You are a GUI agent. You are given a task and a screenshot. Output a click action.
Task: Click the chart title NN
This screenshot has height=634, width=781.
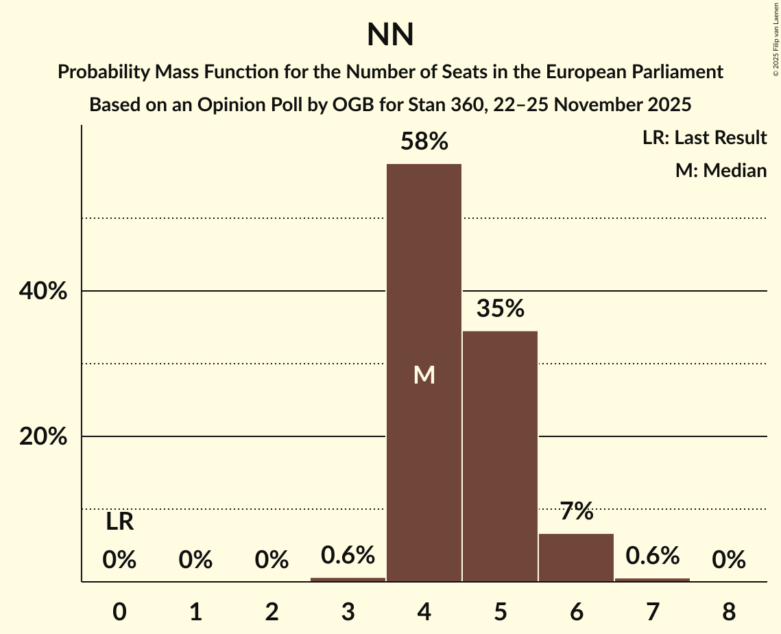coord(390,34)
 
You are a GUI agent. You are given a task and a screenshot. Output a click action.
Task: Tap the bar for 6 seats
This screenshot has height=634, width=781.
coord(576,557)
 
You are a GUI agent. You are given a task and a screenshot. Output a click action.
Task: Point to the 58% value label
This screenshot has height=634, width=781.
coord(424,142)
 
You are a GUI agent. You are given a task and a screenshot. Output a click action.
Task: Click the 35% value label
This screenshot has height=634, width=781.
coord(500,309)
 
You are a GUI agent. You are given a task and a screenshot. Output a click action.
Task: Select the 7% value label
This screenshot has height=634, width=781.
coord(576,511)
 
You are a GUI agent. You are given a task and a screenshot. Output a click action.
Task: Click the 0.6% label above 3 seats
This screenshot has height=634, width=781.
coord(348,555)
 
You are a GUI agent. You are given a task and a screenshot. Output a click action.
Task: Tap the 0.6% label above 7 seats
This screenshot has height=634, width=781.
coord(652,556)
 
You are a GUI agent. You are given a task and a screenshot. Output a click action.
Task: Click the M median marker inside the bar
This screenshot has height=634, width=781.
coord(424,375)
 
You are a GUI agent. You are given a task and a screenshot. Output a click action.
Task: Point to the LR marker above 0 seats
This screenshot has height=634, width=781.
coord(119,522)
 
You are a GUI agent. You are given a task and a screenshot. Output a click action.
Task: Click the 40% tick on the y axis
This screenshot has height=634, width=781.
coord(43,292)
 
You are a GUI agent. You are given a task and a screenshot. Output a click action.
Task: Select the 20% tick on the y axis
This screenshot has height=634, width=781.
coord(43,437)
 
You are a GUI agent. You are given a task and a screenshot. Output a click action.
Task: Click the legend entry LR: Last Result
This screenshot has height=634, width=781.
coord(704,138)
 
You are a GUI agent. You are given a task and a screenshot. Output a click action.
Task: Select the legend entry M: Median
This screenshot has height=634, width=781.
coord(721,171)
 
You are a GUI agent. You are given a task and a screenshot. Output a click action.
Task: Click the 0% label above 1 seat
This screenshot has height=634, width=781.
coord(195,561)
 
